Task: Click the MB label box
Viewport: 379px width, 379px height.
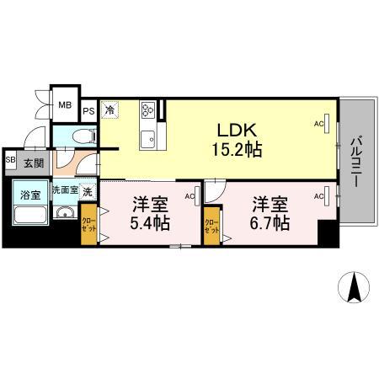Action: (x=65, y=106)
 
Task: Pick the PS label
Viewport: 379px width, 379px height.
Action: (x=88, y=109)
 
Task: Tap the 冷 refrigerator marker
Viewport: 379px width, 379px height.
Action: (x=109, y=109)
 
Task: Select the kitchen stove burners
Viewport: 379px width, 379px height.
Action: (x=148, y=110)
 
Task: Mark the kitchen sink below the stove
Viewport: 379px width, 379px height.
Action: (x=148, y=136)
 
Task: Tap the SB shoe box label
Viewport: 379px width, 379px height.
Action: (x=10, y=160)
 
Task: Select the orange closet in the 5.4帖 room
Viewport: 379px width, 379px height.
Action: (x=88, y=227)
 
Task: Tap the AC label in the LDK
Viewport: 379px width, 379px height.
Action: (x=319, y=124)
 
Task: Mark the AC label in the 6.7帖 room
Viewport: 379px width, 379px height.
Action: (x=319, y=196)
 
